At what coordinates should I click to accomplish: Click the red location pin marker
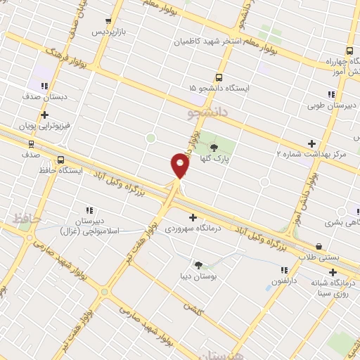(x=180, y=167)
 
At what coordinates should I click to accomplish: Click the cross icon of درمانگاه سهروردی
(x=193, y=217)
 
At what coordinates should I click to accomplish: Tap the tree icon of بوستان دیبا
(x=198, y=265)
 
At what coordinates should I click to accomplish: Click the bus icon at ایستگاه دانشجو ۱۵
(x=219, y=77)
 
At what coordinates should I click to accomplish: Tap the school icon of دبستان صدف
(x=44, y=86)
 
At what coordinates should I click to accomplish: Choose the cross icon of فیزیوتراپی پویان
(x=44, y=114)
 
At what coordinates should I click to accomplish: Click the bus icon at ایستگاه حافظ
(x=60, y=160)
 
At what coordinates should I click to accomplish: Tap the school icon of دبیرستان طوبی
(x=330, y=95)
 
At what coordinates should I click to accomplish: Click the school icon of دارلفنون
(x=284, y=270)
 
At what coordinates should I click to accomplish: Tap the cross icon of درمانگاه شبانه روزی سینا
(x=333, y=272)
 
